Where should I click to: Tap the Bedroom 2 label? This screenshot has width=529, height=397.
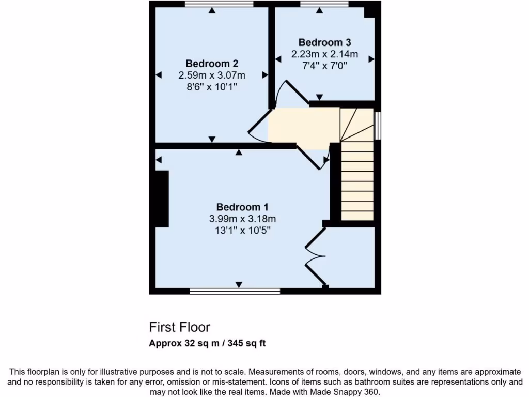tap(212, 64)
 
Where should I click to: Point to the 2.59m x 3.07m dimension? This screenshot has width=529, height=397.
tap(212, 75)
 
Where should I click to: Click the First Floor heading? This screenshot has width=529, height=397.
tap(180, 327)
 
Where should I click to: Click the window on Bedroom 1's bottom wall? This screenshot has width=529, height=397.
tap(235, 291)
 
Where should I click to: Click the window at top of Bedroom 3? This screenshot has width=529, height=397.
tap(324, 4)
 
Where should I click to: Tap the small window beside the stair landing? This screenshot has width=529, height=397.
tap(378, 125)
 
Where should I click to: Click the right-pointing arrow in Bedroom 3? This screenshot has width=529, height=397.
tap(371, 59)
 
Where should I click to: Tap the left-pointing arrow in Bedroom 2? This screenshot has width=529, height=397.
tap(159, 75)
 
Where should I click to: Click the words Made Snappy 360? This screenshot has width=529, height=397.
tap(354, 391)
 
